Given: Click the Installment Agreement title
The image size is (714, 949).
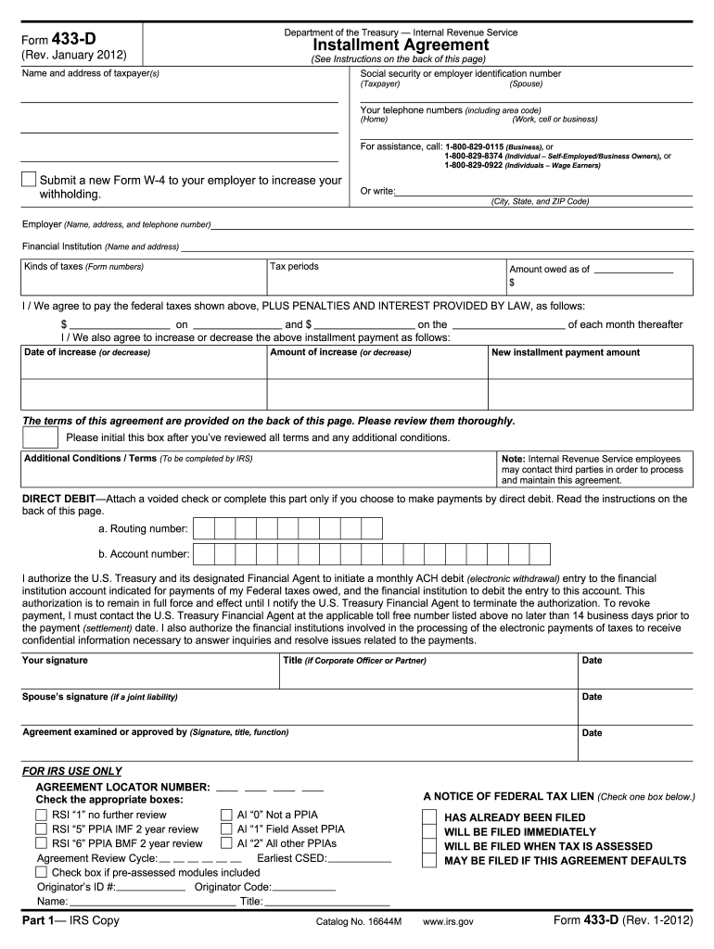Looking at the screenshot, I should pyautogui.click(x=401, y=45).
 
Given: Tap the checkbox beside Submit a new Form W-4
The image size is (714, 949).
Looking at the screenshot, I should pyautogui.click(x=30, y=180).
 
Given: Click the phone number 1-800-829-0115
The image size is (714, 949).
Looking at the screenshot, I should pyautogui.click(x=475, y=146).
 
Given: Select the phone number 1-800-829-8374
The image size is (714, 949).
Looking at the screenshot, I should pyautogui.click(x=474, y=156).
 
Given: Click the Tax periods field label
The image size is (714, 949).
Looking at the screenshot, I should pyautogui.click(x=294, y=267).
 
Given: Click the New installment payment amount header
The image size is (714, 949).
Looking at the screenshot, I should pyautogui.click(x=565, y=352).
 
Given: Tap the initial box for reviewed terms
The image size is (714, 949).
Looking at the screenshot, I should pyautogui.click(x=41, y=437).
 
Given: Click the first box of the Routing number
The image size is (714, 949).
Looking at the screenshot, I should pyautogui.click(x=203, y=528).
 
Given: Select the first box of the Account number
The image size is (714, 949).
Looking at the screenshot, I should pyautogui.click(x=203, y=554).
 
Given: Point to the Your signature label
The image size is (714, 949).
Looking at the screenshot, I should pyautogui.click(x=55, y=661).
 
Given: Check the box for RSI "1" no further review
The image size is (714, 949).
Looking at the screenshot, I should pyautogui.click(x=41, y=815).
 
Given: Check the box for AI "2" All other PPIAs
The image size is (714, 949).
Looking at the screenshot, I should pyautogui.click(x=226, y=843).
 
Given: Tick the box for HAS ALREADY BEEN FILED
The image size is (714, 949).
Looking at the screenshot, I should pyautogui.click(x=428, y=817).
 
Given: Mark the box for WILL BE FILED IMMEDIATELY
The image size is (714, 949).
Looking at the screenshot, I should pyautogui.click(x=428, y=832).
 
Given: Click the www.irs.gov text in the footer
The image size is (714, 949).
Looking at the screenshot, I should pyautogui.click(x=448, y=923).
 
